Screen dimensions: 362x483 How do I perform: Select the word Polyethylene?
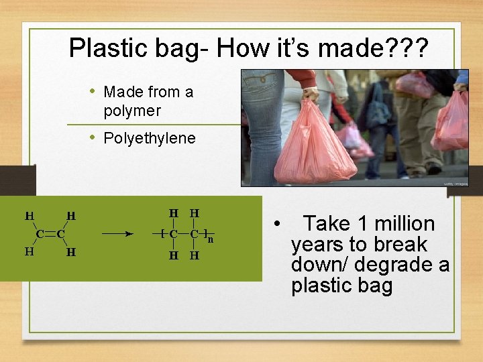tap(150, 139)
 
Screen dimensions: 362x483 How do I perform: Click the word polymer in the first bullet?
tap(132, 110)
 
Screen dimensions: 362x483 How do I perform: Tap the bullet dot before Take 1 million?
tap(276, 224)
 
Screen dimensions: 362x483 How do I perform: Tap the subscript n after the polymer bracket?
tap(210, 239)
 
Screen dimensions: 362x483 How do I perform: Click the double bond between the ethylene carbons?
tap(50, 235)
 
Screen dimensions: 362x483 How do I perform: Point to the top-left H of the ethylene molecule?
tap(29, 216)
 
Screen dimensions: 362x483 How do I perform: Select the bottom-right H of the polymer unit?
tap(194, 255)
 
